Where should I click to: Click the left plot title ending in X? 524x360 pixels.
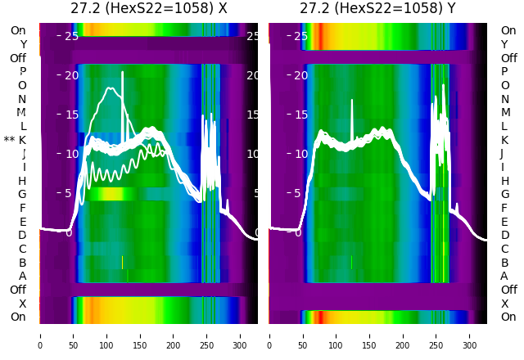148,9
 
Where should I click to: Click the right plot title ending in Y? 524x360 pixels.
377,9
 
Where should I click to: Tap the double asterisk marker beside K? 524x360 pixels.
9,141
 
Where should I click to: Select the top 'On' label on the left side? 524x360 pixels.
18,30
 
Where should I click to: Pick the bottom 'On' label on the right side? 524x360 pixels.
508,317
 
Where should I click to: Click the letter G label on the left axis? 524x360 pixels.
22,195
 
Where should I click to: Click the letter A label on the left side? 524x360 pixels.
22,276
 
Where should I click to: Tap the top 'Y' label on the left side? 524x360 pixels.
23,44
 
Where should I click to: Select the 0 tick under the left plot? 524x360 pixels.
40,335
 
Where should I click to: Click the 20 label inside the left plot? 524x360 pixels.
71,75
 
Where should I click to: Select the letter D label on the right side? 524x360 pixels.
504,236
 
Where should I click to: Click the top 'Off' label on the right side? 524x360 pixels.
508,58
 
